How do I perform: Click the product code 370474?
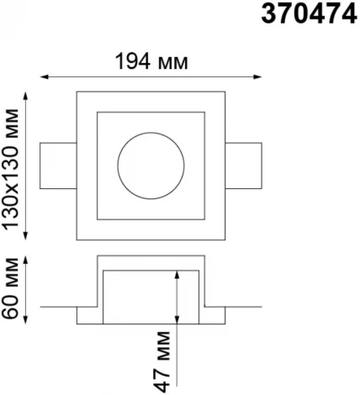[309, 14]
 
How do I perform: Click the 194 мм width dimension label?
[151, 62]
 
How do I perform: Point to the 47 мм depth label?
[162, 361]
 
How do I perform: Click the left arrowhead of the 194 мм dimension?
[45, 76]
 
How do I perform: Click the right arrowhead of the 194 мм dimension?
[257, 76]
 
